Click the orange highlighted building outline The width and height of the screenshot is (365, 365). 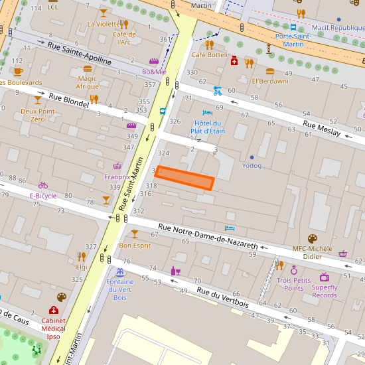click(x=184, y=178)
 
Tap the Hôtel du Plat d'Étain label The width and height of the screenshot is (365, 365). click(x=209, y=127)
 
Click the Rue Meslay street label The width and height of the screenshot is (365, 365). click(x=321, y=128)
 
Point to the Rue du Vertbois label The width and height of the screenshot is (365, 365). click(x=222, y=299)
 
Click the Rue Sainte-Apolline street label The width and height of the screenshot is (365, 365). click(x=80, y=53)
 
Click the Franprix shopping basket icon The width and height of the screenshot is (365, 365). click(x=117, y=166)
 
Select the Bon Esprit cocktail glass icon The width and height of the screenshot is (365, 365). click(x=135, y=234)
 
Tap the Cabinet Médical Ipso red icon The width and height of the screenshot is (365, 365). click(x=53, y=310)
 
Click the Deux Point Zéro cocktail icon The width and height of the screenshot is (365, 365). click(x=38, y=100)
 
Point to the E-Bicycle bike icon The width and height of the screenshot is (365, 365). click(x=43, y=185)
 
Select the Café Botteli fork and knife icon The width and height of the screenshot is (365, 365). click(x=209, y=44)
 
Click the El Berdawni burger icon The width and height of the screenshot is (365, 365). click(x=270, y=71)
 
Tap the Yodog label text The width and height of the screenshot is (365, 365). click(x=252, y=165)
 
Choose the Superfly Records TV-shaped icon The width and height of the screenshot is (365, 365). click(x=325, y=277)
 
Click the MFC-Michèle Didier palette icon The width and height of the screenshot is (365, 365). click(x=313, y=239)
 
